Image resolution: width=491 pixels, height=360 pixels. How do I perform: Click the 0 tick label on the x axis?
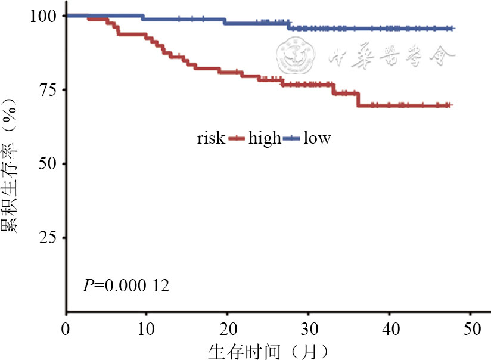tap(66, 328)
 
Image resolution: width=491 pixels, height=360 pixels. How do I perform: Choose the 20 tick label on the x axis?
tap(228, 328)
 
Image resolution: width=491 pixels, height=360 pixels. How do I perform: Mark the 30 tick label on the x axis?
tap(308, 328)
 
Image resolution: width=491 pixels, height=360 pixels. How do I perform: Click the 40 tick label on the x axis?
tap(389, 328)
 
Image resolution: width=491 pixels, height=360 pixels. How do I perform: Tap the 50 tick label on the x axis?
tap(470, 328)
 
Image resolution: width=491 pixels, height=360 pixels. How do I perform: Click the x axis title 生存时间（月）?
tap(268, 350)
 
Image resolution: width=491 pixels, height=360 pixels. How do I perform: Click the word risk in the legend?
tap(211, 138)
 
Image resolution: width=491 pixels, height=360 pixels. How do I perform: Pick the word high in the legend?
tap(265, 138)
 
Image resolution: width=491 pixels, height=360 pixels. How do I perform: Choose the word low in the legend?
tap(317, 138)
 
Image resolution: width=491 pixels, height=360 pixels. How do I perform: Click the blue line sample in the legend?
tap(291, 139)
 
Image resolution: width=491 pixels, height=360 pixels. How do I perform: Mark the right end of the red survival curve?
tap(452, 105)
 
